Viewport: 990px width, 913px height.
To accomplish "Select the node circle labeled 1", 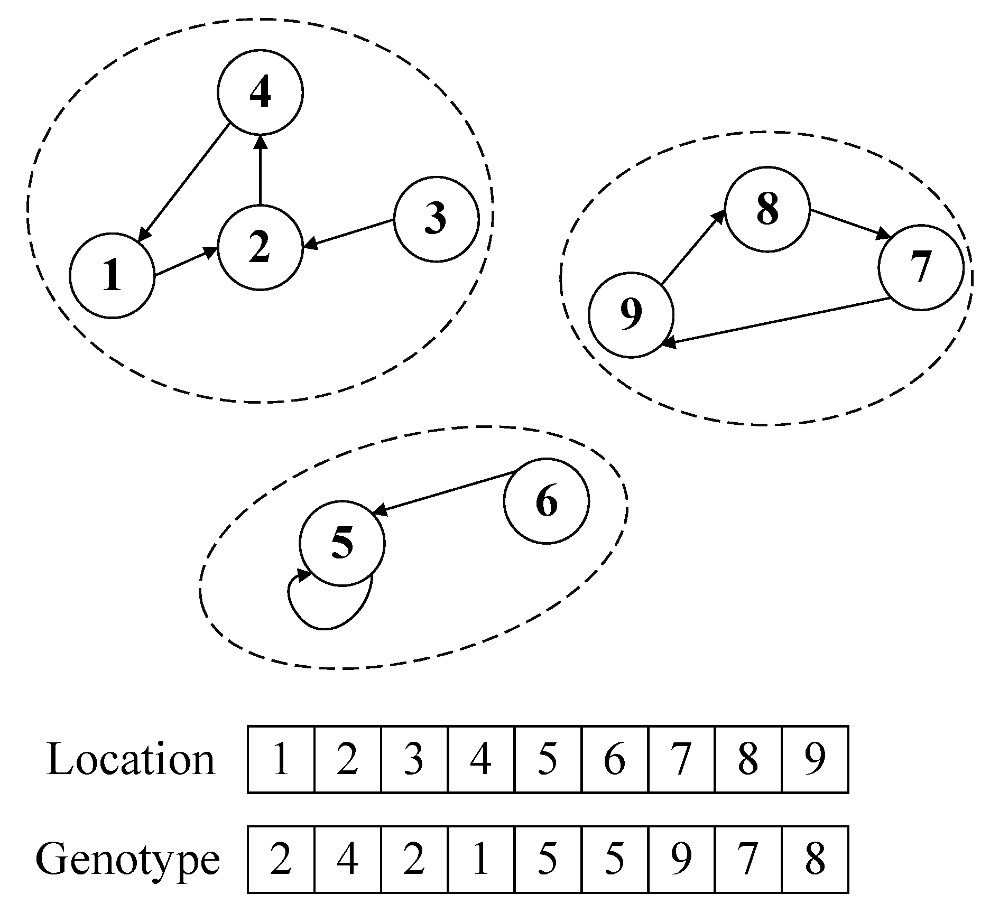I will point(112,275).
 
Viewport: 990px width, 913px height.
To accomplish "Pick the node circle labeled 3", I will point(436,218).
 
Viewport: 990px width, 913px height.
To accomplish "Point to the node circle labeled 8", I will point(767,209).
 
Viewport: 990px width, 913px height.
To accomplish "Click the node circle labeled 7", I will point(920,267).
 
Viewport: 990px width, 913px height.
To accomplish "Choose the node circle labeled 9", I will point(631,314).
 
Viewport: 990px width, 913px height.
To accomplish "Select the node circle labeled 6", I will point(546,500).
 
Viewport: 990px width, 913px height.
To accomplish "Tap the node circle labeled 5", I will point(342,543).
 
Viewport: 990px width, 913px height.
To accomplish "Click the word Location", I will point(131,760).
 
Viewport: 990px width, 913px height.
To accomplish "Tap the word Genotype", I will point(127,860).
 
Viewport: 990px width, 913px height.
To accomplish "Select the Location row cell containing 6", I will point(614,759).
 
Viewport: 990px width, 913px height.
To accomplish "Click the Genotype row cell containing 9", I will point(681,860).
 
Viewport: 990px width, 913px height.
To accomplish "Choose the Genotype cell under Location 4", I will point(480,860).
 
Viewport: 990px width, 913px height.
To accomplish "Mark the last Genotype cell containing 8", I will point(815,860).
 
